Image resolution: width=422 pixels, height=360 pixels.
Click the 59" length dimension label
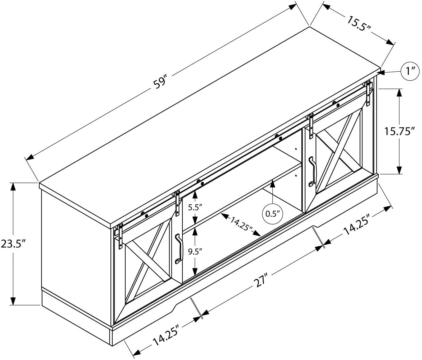pyautogui.click(x=160, y=83)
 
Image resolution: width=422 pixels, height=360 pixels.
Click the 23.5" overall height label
pyautogui.click(x=14, y=244)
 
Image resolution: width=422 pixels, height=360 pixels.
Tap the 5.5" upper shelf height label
pyautogui.click(x=195, y=208)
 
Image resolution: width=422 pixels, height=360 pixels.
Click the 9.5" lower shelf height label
pyautogui.click(x=195, y=252)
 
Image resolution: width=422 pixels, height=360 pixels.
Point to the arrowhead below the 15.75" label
pyautogui.click(x=399, y=169)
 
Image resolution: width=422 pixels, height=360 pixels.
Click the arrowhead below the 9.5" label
pyautogui.click(x=195, y=271)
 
